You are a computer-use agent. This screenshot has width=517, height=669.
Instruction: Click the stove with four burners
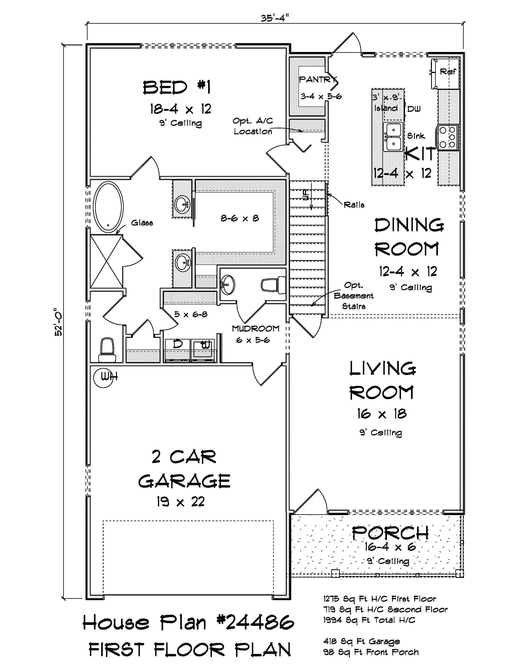pyautogui.click(x=448, y=137)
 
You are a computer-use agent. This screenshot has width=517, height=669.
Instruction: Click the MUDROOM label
pyautogui.click(x=255, y=329)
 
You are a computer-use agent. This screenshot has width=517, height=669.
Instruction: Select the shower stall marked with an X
pyautogui.click(x=106, y=261)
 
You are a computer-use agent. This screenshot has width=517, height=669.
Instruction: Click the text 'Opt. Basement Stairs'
pyautogui.click(x=353, y=296)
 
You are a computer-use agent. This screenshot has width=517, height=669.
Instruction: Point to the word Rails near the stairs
pyautogui.click(x=354, y=205)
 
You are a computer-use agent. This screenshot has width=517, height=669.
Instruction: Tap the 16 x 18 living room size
pyautogui.click(x=382, y=414)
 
